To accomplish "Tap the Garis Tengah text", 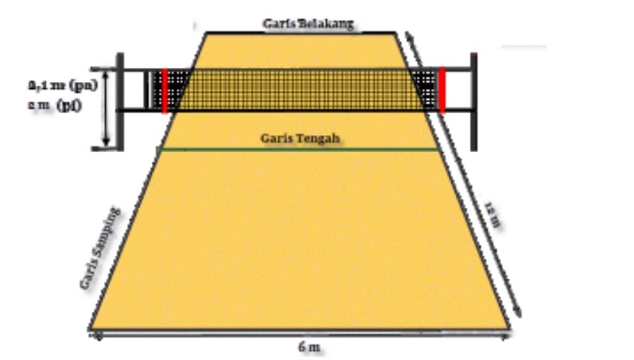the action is pyautogui.click(x=300, y=139).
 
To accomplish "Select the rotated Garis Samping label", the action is pyautogui.click(x=100, y=248).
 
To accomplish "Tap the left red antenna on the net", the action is pyautogui.click(x=164, y=91).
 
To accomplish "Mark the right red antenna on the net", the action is pyautogui.click(x=442, y=90).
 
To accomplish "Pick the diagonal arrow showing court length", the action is pyautogui.click(x=466, y=177).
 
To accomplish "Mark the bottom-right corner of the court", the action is pyautogui.click(x=509, y=329).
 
